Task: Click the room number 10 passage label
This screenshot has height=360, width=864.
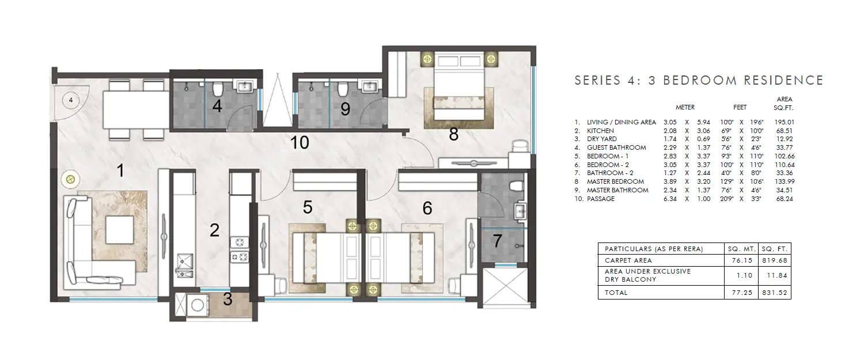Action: coord(300,143)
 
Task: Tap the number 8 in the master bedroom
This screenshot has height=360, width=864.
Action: coord(454,135)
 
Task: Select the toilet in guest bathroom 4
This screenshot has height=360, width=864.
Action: coord(218,90)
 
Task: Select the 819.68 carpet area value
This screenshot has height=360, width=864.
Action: coord(775,260)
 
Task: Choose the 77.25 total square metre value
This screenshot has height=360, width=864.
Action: coord(741,293)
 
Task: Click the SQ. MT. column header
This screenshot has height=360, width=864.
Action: coord(741,249)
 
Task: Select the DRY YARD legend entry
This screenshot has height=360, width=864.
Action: coord(601,139)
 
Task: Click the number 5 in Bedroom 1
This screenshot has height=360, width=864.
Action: coord(308,206)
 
